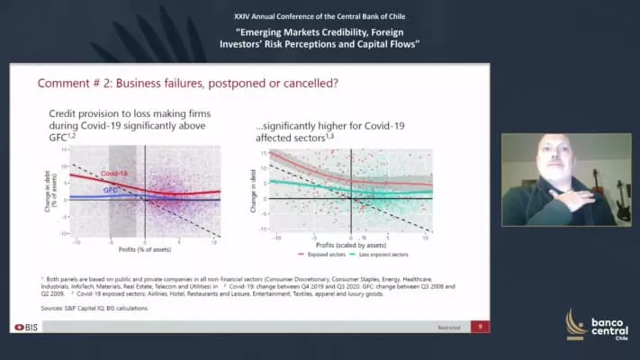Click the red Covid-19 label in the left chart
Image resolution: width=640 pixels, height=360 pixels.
pyautogui.click(x=114, y=172)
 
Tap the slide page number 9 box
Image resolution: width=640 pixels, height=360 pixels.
pyautogui.click(x=481, y=326)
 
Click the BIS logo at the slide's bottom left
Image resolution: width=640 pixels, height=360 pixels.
pyautogui.click(x=28, y=326)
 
